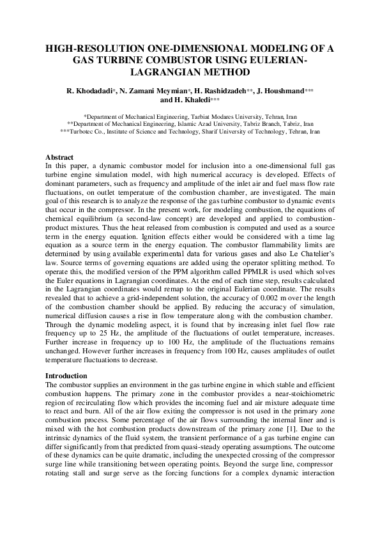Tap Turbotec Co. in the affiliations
click(x=79, y=131)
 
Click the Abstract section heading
click(x=59, y=157)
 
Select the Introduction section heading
click(x=66, y=376)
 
